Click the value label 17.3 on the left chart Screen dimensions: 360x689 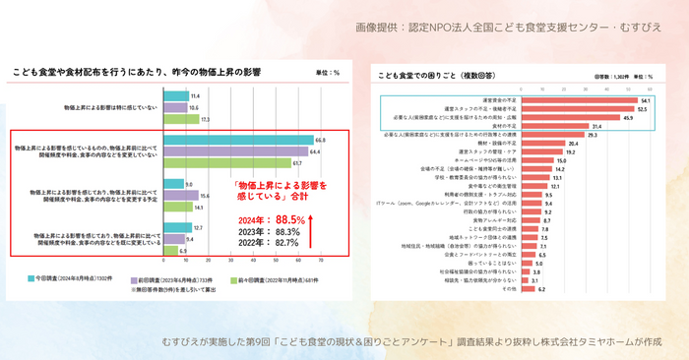pos(205,119)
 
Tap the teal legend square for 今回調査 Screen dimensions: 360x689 pos(33,279)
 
